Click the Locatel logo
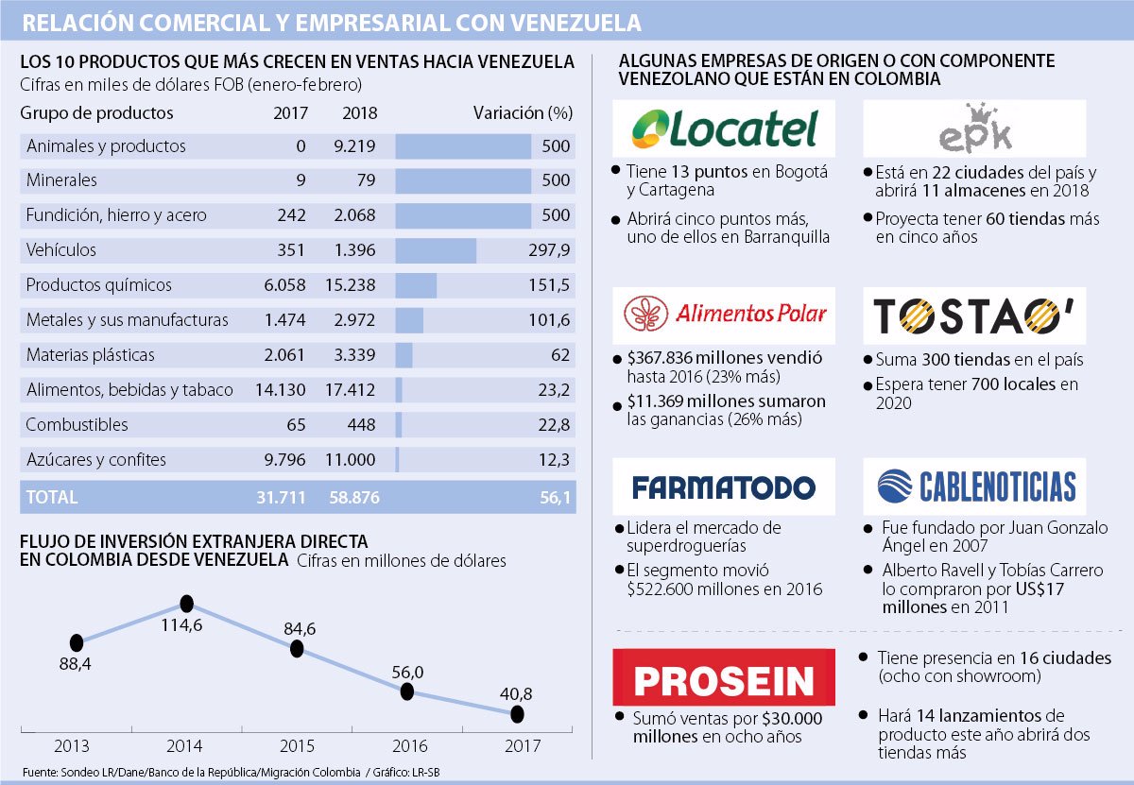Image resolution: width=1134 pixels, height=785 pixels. click(724, 129)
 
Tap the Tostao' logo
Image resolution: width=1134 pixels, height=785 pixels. click(974, 316)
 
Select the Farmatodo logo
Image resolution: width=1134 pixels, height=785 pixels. click(723, 486)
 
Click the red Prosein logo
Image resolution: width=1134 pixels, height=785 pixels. click(724, 680)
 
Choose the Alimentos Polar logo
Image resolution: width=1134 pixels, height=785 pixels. click(725, 315)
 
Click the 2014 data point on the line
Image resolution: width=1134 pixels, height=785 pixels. click(186, 603)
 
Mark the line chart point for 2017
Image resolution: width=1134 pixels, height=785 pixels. click(518, 714)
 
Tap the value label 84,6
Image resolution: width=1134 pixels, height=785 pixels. click(297, 627)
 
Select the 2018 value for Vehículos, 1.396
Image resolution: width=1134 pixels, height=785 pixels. click(356, 250)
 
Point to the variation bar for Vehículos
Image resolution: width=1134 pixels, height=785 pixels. click(436, 250)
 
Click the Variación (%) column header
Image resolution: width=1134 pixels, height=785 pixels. click(523, 112)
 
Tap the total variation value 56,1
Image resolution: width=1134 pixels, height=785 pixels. click(556, 497)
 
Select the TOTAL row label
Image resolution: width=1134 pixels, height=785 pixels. click(52, 497)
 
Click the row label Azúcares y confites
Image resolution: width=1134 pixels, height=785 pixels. click(96, 460)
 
